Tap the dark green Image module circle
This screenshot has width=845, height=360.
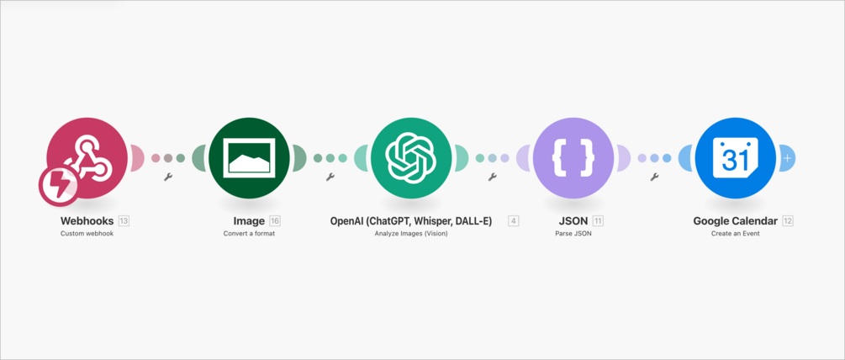point(249,157)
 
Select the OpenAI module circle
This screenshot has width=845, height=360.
point(410,157)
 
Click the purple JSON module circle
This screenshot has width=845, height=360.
point(573,157)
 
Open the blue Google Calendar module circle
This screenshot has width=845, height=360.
point(735,157)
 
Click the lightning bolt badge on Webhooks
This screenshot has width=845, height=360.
point(59,186)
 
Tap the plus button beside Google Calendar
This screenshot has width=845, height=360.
point(787,157)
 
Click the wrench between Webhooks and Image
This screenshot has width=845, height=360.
point(168,177)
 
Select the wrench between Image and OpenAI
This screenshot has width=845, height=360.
point(330,177)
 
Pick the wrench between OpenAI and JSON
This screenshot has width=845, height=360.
point(492,177)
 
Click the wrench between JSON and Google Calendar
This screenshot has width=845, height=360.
point(654,177)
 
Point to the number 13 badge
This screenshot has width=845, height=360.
point(124,221)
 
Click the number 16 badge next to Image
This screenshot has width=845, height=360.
point(275,221)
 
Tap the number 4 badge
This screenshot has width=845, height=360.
point(513,221)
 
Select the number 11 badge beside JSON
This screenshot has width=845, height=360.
point(598,221)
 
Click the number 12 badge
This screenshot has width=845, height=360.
point(788,221)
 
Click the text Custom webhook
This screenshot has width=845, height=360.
point(87,234)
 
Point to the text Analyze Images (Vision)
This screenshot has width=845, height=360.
point(411,234)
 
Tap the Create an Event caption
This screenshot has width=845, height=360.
point(735,234)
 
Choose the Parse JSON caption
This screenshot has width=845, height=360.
point(573,234)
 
